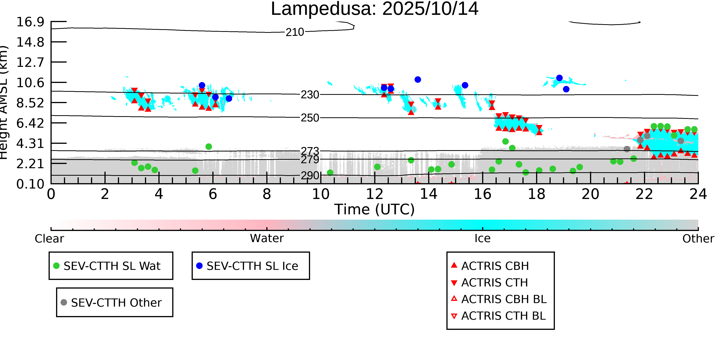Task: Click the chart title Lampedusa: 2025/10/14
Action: (375, 9)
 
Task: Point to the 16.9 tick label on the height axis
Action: (30, 22)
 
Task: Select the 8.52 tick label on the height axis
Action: (30, 103)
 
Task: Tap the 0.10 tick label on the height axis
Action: (30, 184)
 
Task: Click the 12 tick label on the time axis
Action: (375, 194)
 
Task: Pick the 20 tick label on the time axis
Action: (590, 194)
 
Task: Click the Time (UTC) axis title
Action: (375, 209)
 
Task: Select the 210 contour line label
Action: (295, 32)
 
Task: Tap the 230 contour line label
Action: (310, 95)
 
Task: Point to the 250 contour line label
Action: (310, 118)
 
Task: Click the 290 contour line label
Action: (310, 175)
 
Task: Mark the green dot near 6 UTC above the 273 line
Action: (209, 146)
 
